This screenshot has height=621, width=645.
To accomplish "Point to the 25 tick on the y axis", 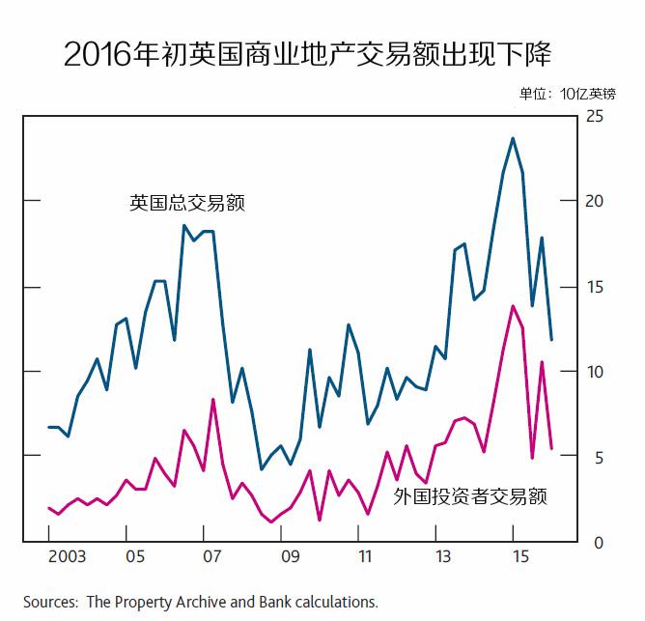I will pyautogui.click(x=595, y=116).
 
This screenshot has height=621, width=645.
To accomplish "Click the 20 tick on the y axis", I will pyautogui.click(x=595, y=201).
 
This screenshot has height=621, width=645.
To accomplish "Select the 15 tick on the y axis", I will pyautogui.click(x=595, y=287).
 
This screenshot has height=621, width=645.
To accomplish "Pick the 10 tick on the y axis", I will pyautogui.click(x=595, y=372).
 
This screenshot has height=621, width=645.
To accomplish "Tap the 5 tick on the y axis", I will pyautogui.click(x=595, y=457).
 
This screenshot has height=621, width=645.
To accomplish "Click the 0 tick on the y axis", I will pyautogui.click(x=595, y=543).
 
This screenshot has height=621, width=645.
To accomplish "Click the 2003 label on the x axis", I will pyautogui.click(x=67, y=557).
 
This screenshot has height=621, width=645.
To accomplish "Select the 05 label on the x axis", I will pyautogui.click(x=134, y=557).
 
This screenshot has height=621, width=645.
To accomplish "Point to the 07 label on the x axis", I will pyautogui.click(x=211, y=557).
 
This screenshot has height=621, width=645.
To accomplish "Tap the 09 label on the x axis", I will pyautogui.click(x=290, y=557).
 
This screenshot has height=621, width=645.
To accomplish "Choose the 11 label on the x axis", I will pyautogui.click(x=366, y=557).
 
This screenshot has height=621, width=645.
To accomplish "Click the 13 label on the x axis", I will pyautogui.click(x=443, y=557).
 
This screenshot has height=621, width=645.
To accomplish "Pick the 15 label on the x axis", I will pyautogui.click(x=520, y=557).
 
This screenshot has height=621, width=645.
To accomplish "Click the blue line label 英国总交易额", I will pyautogui.click(x=187, y=204).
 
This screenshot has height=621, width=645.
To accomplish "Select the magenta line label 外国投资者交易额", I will pyautogui.click(x=471, y=497).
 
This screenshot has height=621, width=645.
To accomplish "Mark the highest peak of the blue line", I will pyautogui.click(x=513, y=138).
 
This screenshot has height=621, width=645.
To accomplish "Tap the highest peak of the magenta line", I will pyautogui.click(x=513, y=306).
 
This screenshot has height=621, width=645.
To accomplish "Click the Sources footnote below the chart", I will pyautogui.click(x=201, y=602).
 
